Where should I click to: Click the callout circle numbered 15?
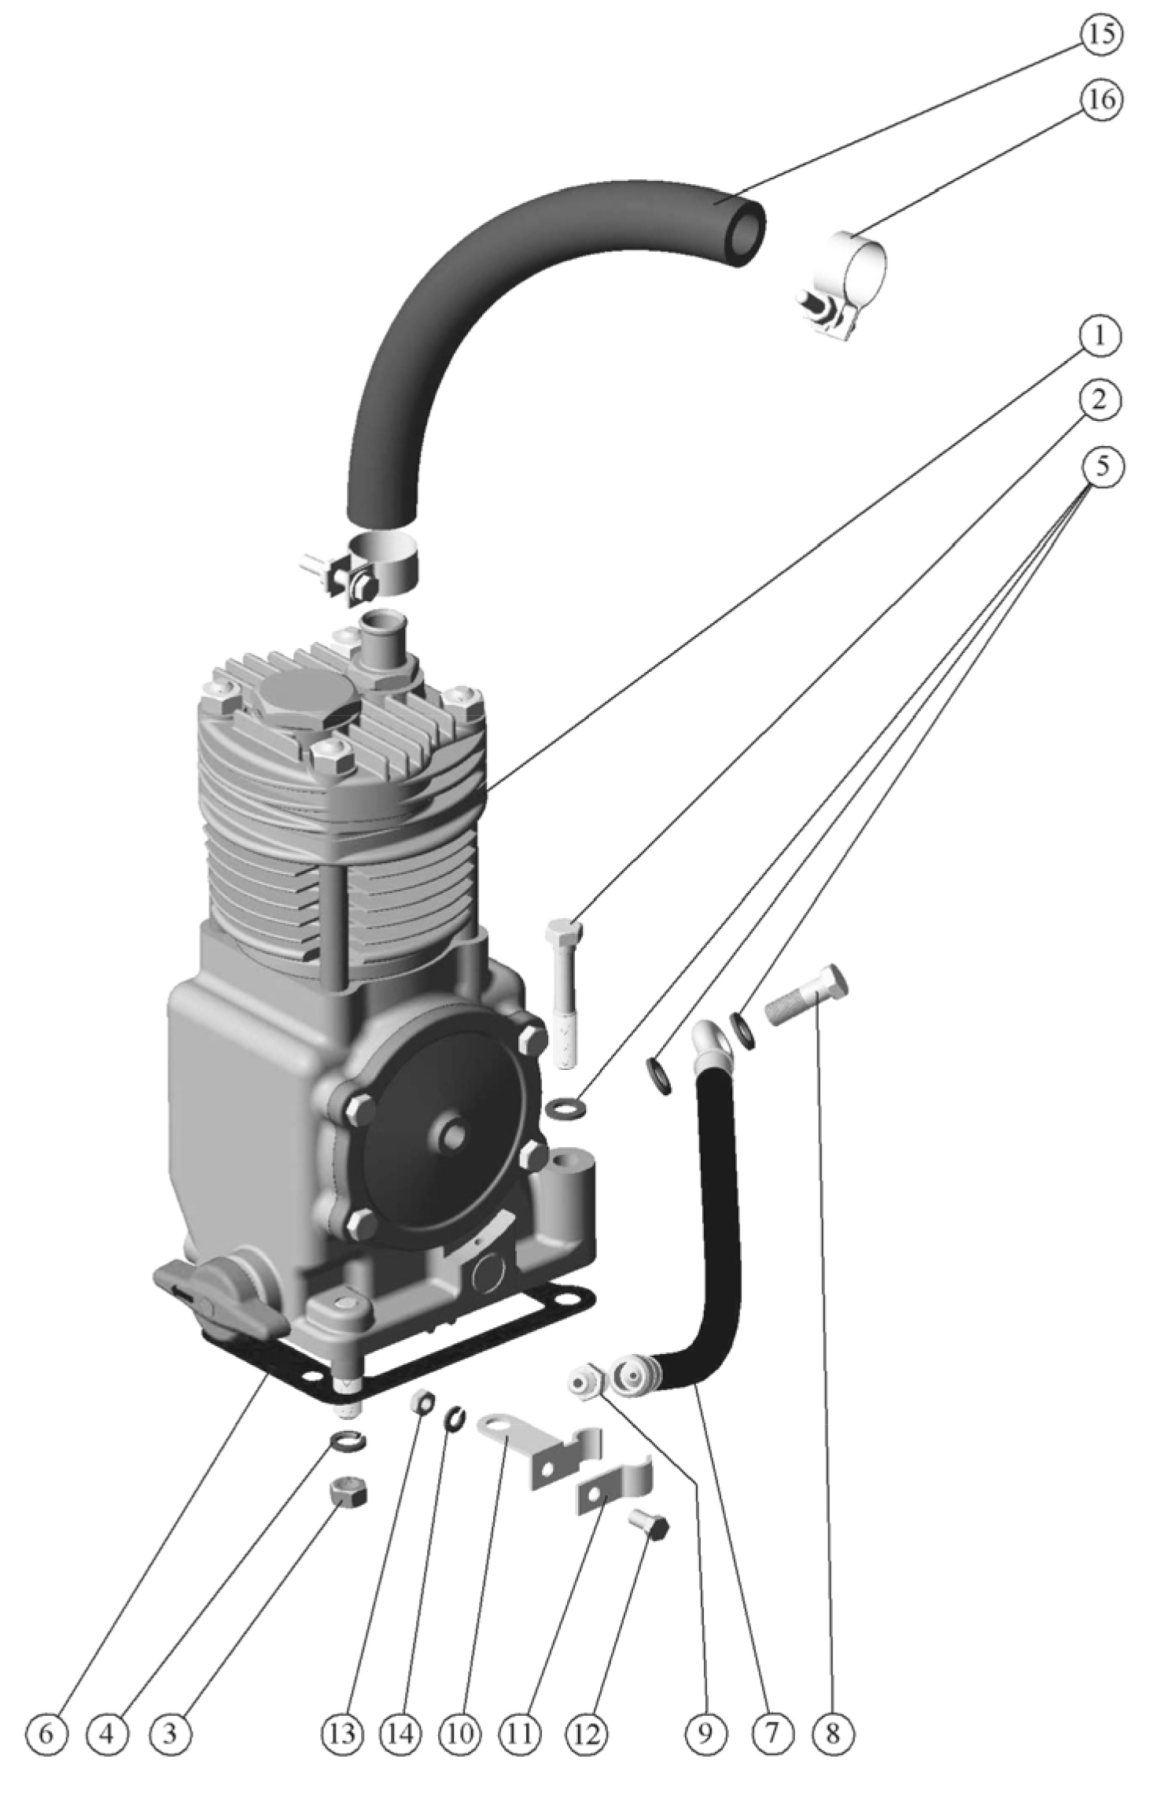point(1101,35)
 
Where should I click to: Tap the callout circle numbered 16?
point(1101,100)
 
